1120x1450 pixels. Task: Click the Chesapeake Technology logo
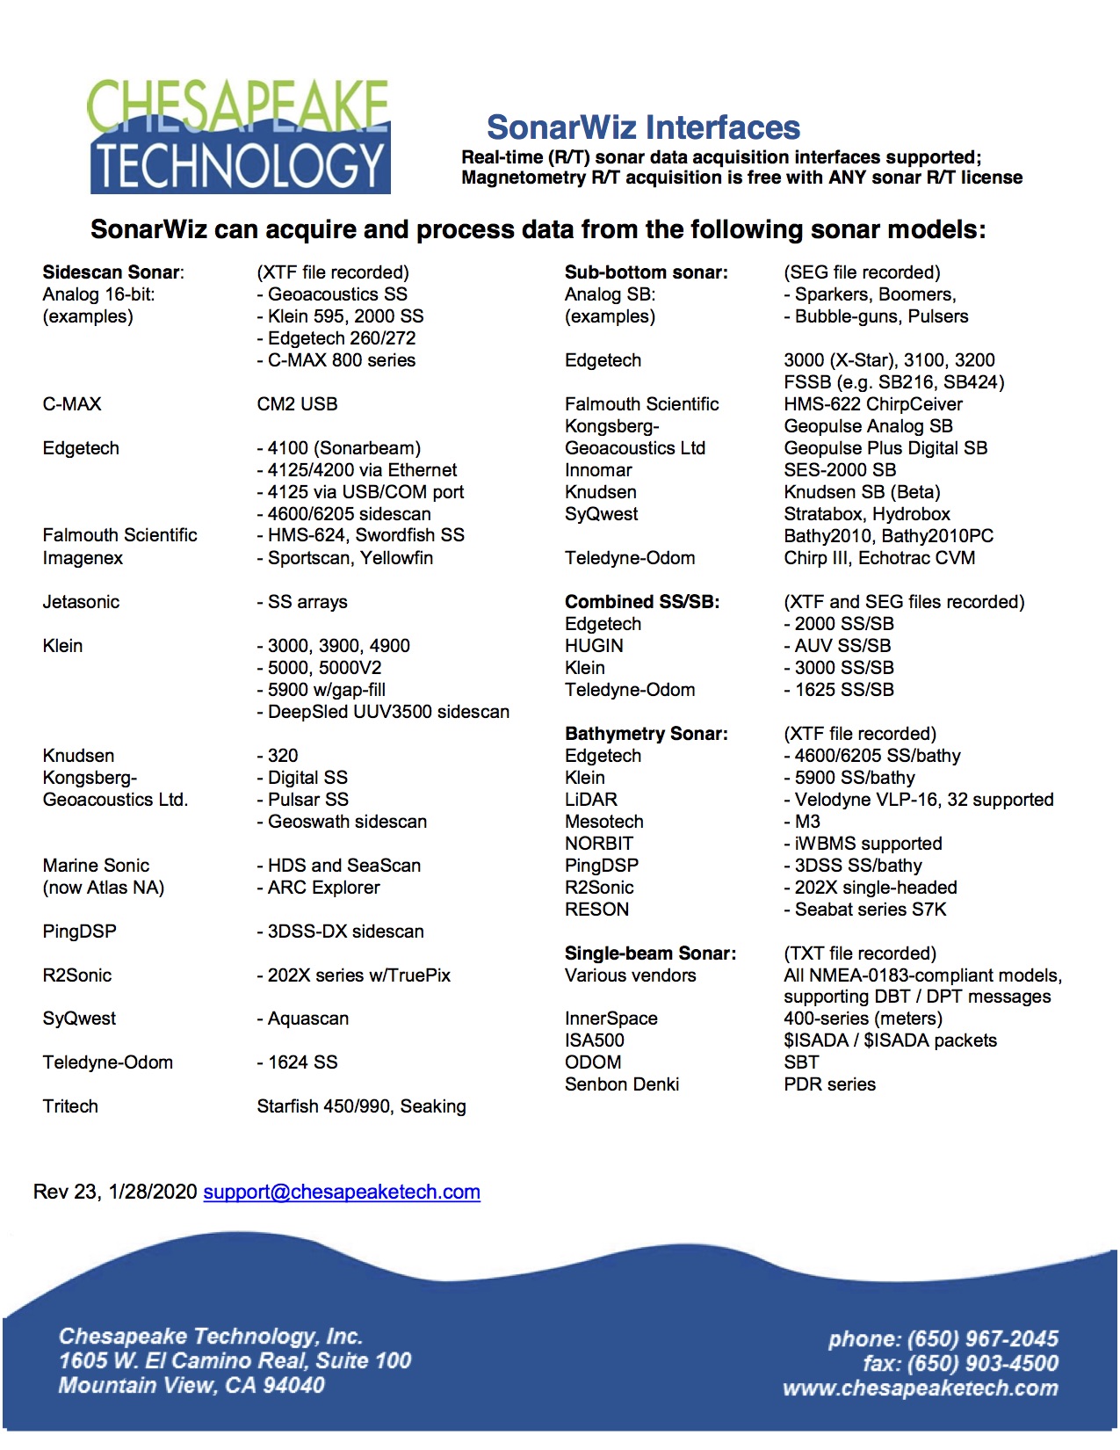(239, 137)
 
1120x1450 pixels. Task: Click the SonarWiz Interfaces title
(643, 128)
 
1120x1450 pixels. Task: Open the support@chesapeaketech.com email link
(342, 1192)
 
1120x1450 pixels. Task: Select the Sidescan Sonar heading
(112, 272)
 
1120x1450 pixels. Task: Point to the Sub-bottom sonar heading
(646, 272)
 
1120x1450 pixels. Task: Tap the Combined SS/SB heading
(641, 602)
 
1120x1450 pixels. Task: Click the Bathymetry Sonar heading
(646, 734)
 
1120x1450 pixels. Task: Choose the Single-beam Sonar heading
(650, 953)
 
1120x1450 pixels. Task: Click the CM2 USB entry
(297, 404)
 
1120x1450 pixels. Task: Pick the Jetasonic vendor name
(81, 602)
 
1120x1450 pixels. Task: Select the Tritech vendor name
(70, 1106)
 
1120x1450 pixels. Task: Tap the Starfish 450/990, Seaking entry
(361, 1106)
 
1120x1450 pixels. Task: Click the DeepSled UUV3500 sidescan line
(383, 712)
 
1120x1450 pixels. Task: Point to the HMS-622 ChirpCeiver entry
(872, 404)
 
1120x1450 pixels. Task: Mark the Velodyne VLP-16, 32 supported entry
(919, 800)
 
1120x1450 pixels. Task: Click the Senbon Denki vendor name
(621, 1084)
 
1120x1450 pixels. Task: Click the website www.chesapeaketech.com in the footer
(920, 1388)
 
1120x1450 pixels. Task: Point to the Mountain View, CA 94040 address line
(191, 1386)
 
